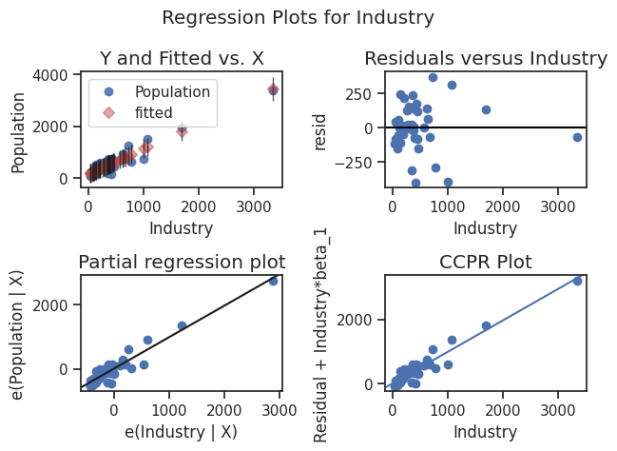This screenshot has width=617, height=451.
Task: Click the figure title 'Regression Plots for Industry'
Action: [299, 17]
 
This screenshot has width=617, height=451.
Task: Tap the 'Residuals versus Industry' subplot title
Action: [485, 59]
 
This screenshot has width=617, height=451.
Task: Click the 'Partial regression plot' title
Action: [181, 262]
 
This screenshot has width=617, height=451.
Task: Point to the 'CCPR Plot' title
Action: [485, 262]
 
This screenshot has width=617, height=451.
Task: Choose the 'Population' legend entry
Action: [171, 92]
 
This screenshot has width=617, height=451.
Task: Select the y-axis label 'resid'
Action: [320, 128]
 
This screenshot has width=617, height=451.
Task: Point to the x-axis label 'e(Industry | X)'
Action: [181, 431]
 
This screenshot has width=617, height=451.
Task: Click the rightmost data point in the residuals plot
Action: [577, 137]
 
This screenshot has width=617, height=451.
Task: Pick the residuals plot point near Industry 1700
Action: [486, 109]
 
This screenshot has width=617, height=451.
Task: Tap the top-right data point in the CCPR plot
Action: [577, 281]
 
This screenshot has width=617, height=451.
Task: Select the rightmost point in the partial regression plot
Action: [273, 281]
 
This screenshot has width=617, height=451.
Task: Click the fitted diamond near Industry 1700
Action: [182, 131]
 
